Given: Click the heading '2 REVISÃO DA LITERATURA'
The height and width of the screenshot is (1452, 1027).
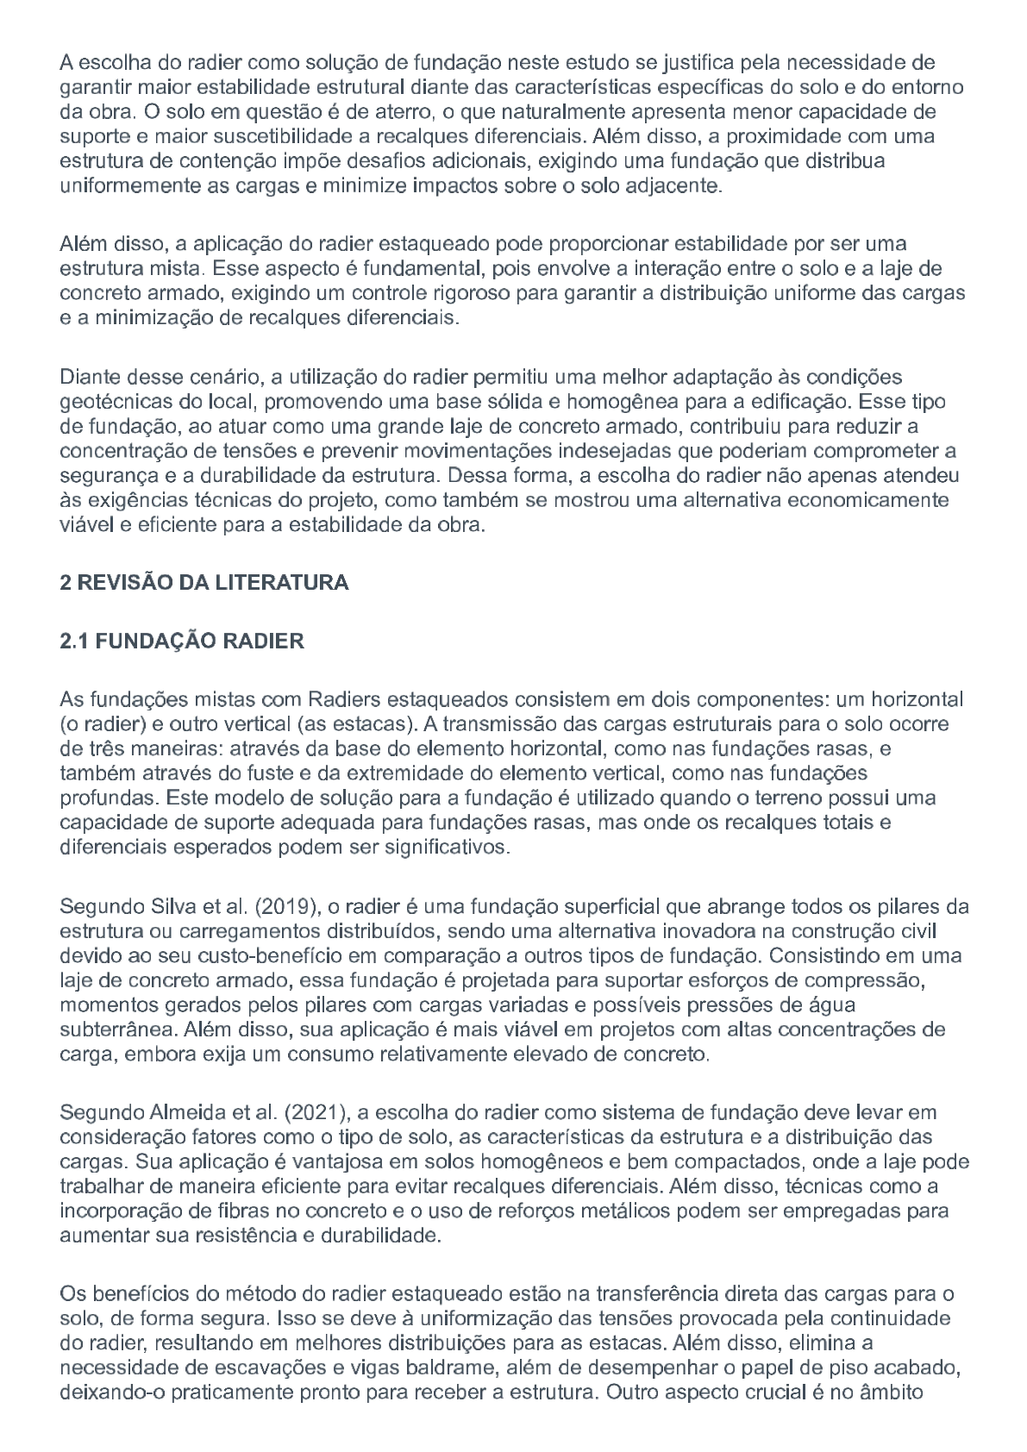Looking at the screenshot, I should point(204,583).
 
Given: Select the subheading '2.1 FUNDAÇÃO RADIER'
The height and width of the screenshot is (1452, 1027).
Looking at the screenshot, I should point(182,642).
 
